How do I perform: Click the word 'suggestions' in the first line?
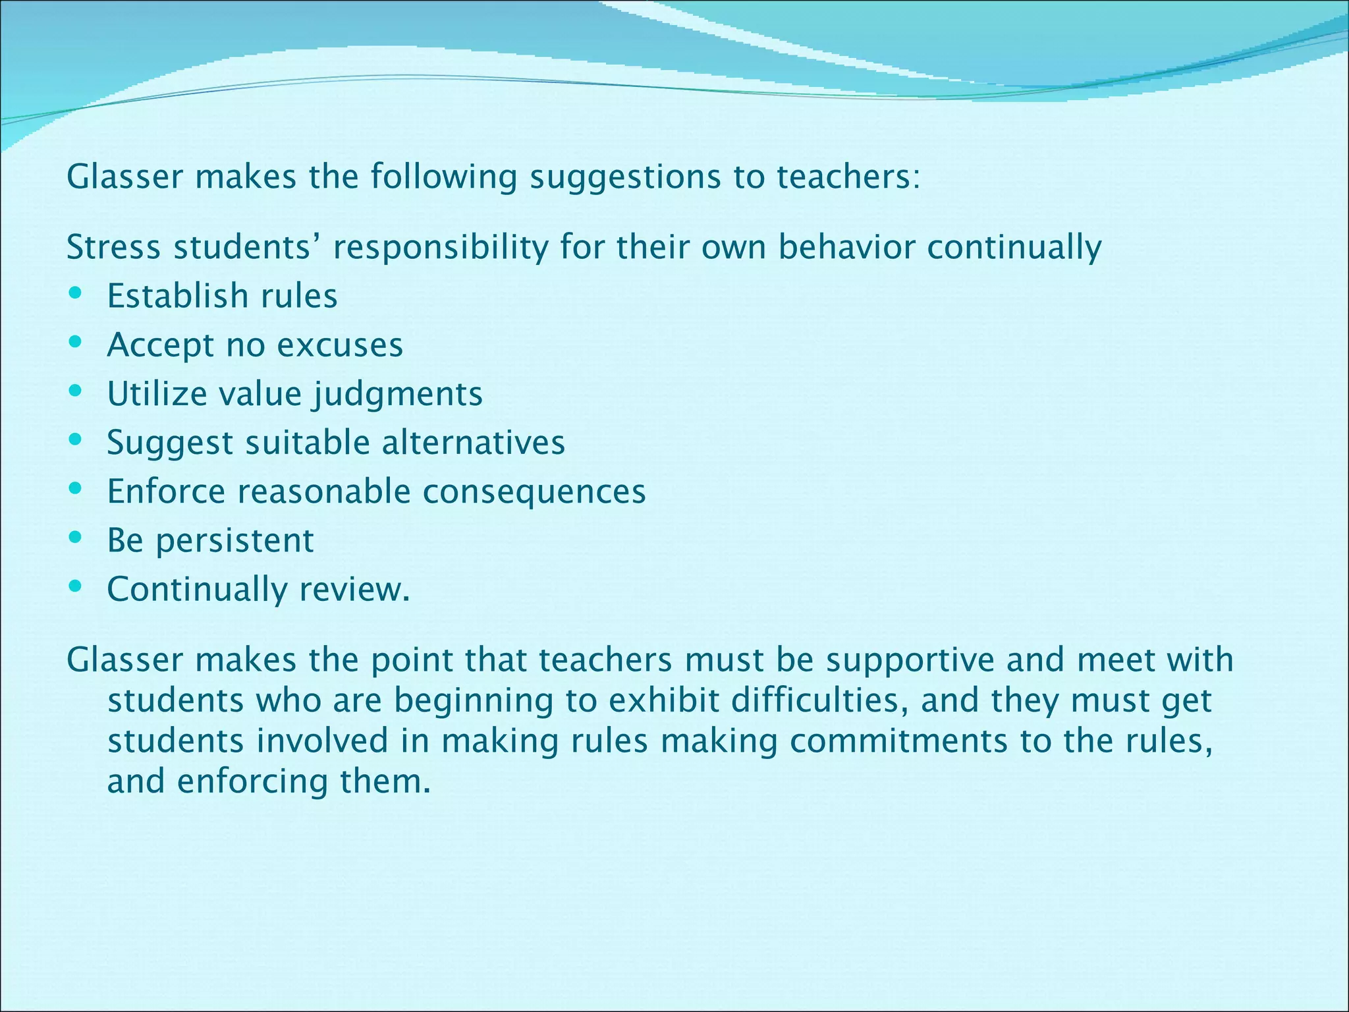pos(625,177)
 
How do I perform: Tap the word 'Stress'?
pos(113,248)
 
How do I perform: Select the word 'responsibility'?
pos(441,248)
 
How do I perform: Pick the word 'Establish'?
pos(178,296)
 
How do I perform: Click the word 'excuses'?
pos(349,345)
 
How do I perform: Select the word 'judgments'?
pos(398,395)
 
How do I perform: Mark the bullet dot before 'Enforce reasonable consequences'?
pos(75,488)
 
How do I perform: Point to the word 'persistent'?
pos(234,541)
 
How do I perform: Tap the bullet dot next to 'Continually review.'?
pos(75,585)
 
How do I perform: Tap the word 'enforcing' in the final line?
pos(252,782)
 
